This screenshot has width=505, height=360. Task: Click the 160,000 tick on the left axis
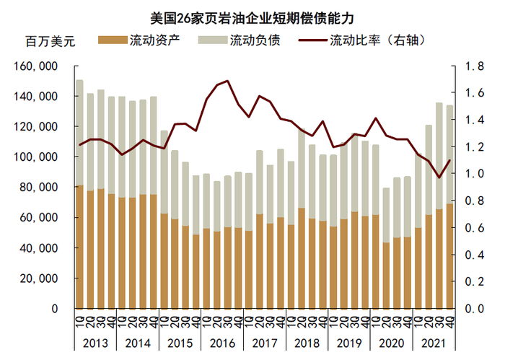coord(35,66)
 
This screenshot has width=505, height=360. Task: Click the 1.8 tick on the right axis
coord(473,66)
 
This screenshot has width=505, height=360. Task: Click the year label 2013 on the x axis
coord(95,343)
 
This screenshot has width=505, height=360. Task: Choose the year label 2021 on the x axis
coord(432,343)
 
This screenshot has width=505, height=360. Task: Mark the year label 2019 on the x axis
coord(348,343)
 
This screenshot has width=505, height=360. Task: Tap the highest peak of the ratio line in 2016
coord(228,81)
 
